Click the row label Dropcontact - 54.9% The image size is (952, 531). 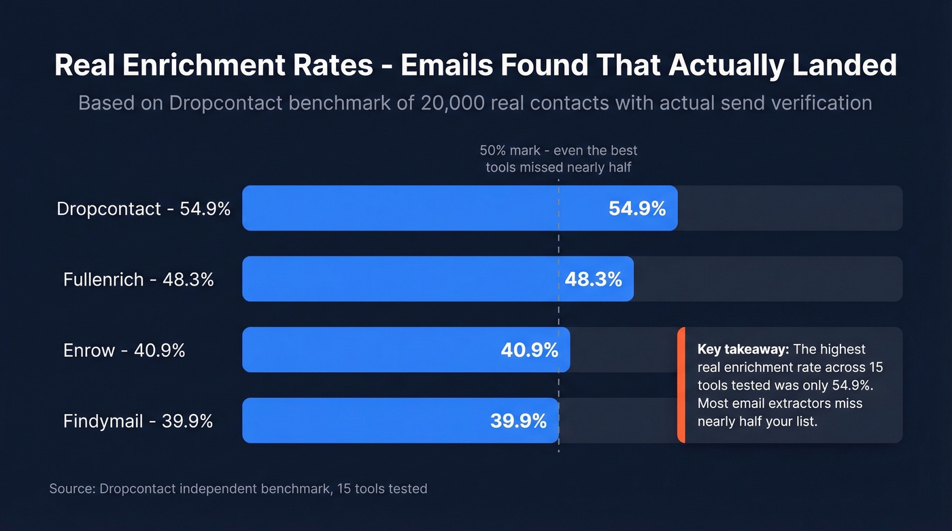point(143,209)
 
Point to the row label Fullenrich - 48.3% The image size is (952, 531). point(139,279)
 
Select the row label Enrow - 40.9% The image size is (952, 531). point(124,350)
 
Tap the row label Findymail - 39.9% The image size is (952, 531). point(138,421)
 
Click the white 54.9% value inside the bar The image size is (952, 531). point(637,209)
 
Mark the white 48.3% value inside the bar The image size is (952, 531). point(593,279)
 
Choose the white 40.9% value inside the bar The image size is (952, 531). point(529,350)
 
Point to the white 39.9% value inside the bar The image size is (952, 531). point(518,421)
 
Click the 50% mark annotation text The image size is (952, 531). point(558,158)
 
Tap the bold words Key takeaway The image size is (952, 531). point(743,349)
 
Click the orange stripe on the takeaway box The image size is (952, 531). point(681,385)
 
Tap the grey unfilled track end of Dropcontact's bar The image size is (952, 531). point(789,208)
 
